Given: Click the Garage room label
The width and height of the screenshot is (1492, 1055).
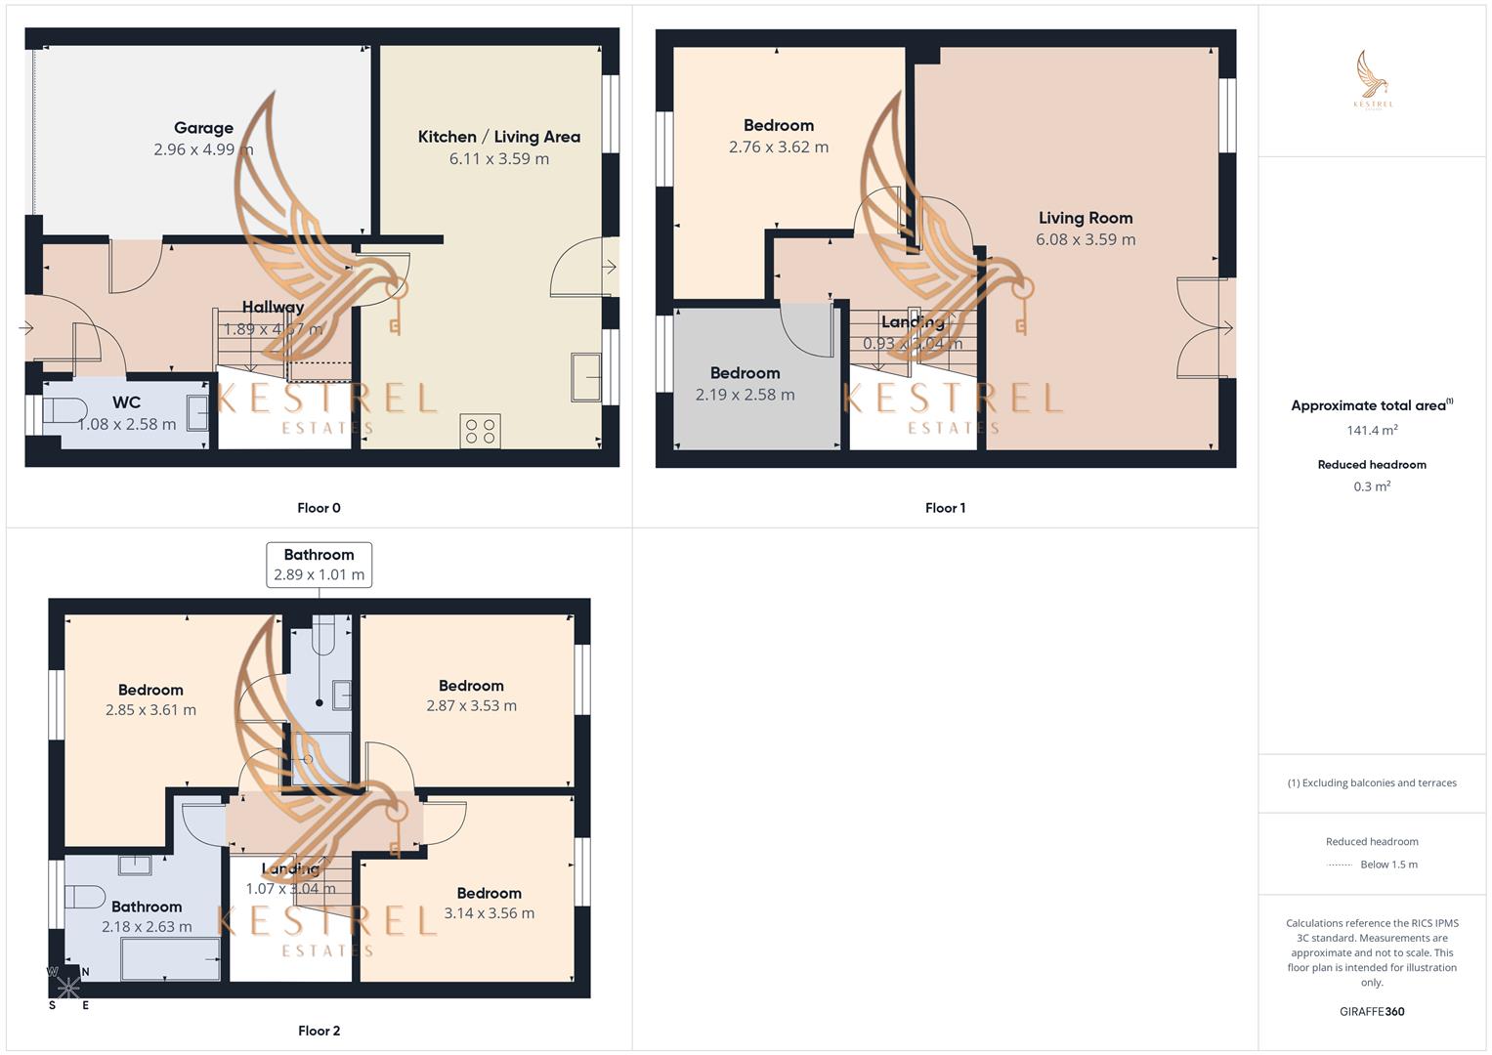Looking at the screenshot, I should coord(203,128).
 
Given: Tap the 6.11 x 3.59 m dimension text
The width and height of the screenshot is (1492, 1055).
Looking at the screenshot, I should coord(498,159).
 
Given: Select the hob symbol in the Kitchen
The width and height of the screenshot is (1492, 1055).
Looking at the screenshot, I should coord(480,431).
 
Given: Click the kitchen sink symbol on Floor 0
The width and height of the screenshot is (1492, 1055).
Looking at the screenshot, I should coord(586,377).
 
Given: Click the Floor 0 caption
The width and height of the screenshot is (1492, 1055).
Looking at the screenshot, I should coord(319,508).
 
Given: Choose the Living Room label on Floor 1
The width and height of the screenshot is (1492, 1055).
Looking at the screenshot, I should coord(1085,218).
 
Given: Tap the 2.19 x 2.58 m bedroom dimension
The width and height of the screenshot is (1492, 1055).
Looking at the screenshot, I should coord(745,395).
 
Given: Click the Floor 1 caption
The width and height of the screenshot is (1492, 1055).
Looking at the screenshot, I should coord(945,508).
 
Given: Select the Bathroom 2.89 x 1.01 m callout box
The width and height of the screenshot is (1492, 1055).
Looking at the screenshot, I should coord(319,565).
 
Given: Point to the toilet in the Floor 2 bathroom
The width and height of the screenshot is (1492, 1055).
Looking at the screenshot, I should coord(85,897).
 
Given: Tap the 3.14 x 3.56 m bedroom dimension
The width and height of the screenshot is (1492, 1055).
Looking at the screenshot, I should coord(489,913).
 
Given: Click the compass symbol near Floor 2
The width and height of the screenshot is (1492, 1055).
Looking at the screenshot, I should coord(68,987).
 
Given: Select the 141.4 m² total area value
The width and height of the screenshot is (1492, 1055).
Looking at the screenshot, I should coord(1372,430).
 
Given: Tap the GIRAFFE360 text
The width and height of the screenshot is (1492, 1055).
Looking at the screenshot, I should coord(1372,1012).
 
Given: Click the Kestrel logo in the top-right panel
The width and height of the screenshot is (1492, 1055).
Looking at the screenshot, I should coord(1373,80).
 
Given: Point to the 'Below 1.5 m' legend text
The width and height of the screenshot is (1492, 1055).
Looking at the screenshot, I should coord(1388,865).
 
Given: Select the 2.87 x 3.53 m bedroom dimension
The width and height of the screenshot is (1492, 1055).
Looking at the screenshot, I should coord(471,705).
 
